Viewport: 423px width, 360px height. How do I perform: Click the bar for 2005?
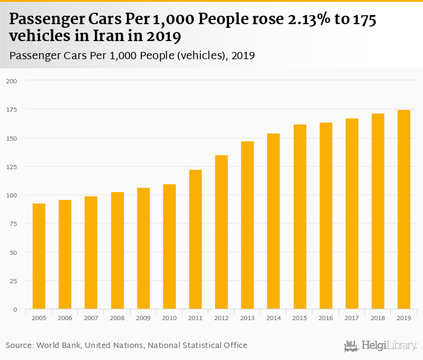(39, 257)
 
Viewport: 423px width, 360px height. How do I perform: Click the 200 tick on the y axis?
(12, 81)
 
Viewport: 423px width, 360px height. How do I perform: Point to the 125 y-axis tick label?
(12, 167)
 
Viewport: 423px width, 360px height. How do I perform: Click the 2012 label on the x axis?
(221, 317)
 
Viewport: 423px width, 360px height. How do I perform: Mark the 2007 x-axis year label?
(91, 317)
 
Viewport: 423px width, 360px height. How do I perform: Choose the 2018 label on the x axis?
(378, 317)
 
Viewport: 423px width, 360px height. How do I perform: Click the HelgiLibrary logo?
(380, 346)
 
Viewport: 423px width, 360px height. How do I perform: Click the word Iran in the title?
(115, 36)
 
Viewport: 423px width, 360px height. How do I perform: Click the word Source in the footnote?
(20, 346)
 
